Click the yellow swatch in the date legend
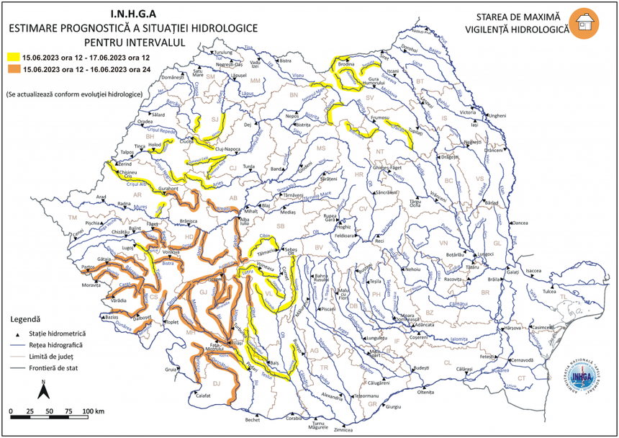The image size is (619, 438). (x=13, y=55)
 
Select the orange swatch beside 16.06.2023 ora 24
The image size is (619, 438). (x=13, y=70)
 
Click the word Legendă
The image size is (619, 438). (x=26, y=318)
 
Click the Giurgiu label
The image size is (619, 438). (x=392, y=407)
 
